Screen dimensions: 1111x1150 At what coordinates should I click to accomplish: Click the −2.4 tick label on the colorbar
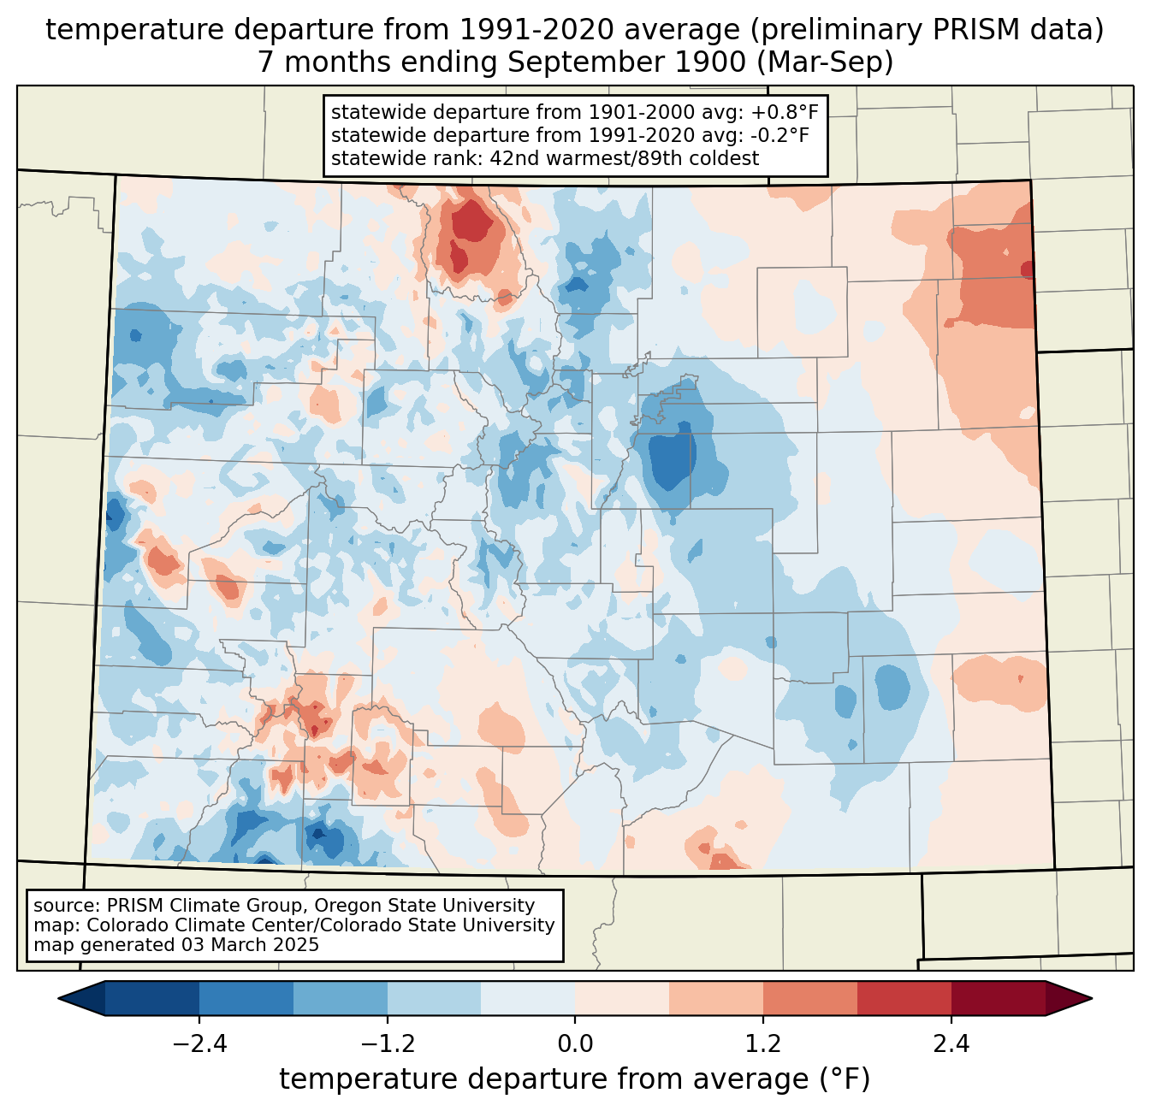(x=199, y=1044)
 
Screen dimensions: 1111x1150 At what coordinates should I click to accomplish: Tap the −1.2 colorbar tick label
(x=388, y=1044)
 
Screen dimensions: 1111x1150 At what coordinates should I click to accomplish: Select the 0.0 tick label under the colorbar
(x=575, y=1044)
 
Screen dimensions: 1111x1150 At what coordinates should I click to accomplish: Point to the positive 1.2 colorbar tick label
(x=763, y=1044)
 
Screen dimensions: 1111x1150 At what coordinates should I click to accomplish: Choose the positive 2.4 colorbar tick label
(x=951, y=1044)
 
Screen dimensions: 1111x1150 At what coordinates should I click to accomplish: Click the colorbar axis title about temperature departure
(x=575, y=1079)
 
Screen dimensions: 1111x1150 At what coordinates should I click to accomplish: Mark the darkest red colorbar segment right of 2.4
(x=998, y=998)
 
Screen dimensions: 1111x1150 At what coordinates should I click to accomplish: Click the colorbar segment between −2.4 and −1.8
(x=246, y=998)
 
